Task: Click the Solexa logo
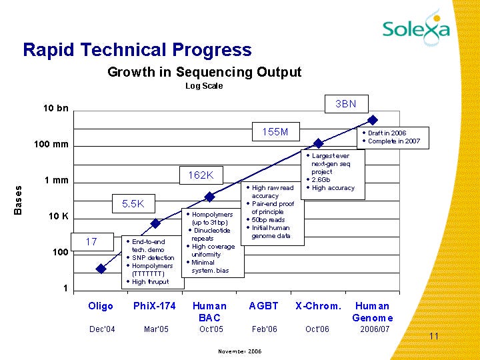[x=415, y=27]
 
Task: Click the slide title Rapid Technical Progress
[x=137, y=50]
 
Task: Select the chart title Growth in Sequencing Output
[x=205, y=72]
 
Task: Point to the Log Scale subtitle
[x=204, y=86]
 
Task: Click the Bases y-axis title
[x=18, y=200]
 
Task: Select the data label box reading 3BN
[x=345, y=104]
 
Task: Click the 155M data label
[x=275, y=132]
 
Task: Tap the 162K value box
[x=201, y=175]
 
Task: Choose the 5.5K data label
[x=133, y=203]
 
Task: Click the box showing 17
[x=91, y=241]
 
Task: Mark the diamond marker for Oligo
[x=101, y=269]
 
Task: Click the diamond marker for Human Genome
[x=373, y=120]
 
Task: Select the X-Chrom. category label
[x=318, y=306]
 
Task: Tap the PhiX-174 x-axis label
[x=155, y=306]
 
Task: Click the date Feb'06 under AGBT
[x=263, y=329]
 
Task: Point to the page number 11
[x=434, y=337]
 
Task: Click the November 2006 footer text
[x=240, y=351]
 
